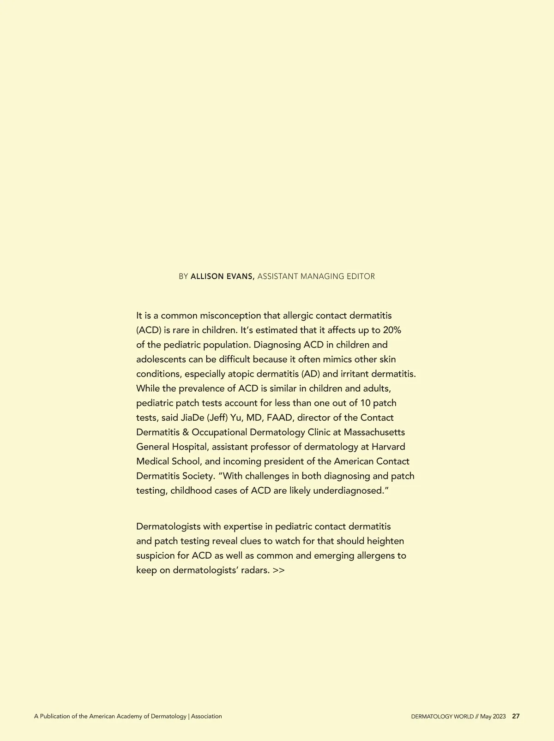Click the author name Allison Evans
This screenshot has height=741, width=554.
222,276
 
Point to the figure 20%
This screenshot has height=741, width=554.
392,330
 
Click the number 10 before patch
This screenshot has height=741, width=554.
365,403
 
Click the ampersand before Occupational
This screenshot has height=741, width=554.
186,432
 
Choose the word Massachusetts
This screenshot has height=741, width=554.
374,432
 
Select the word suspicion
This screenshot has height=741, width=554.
155,556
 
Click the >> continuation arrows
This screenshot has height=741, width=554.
278,570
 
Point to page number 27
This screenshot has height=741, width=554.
516,717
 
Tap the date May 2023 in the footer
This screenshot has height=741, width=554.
493,717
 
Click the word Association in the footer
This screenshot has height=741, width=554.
206,717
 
